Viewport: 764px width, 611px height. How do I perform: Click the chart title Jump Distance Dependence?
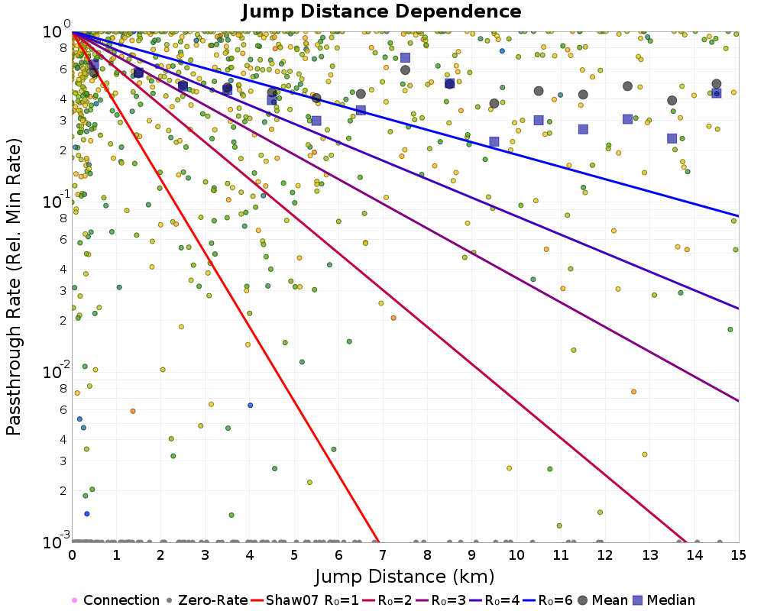381,11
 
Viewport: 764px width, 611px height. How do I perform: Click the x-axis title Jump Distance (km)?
405,577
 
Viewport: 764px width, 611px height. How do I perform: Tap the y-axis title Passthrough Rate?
13,287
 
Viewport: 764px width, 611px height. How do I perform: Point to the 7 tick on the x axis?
383,554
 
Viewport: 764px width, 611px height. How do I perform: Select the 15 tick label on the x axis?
739,554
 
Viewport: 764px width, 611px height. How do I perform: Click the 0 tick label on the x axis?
72,554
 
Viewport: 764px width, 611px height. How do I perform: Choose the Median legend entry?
663,600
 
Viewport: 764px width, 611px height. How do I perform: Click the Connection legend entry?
115,600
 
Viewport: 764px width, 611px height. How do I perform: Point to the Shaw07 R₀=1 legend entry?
305,600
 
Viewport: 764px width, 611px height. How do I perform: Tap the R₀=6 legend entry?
548,600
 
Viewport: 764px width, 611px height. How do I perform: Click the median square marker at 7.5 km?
405,58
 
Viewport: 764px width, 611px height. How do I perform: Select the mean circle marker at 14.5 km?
717,84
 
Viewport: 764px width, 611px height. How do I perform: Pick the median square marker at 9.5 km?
494,142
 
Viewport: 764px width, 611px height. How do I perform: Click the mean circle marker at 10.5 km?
539,91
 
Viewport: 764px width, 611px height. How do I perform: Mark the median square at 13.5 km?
672,139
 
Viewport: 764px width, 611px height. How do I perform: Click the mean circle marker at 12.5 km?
627,86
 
